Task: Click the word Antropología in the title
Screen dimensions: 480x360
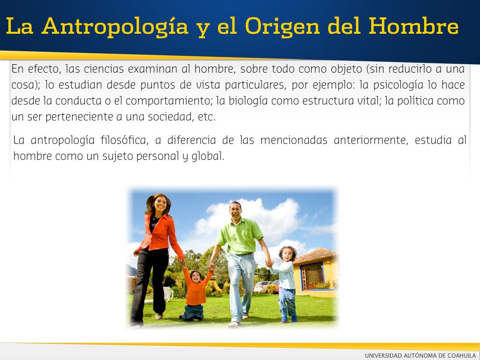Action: [x=115, y=27]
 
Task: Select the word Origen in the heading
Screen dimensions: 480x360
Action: [x=282, y=27]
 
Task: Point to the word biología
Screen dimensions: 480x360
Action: [x=244, y=101]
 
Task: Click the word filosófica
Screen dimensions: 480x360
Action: [x=124, y=140]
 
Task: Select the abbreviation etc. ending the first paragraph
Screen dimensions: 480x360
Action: [x=207, y=117]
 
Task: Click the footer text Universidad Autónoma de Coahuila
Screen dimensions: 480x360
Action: [x=420, y=355]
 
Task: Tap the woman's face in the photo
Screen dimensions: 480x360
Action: [x=160, y=204]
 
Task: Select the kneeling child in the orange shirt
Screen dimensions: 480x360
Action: [x=195, y=293]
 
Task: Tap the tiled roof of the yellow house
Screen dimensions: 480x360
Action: [x=315, y=255]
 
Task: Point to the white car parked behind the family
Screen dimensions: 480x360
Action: [x=262, y=286]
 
